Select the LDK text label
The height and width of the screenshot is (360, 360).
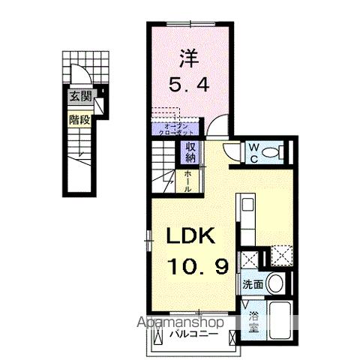tap(190, 236)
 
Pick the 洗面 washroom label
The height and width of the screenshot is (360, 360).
tap(252, 284)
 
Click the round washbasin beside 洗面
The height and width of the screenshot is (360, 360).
tap(275, 284)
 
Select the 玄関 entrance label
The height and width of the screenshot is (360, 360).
tap(80, 95)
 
